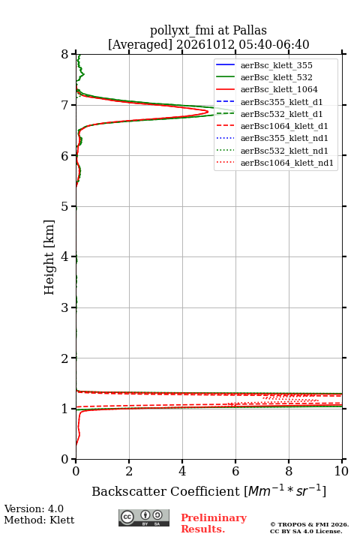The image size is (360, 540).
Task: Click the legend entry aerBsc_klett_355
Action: pos(276,65)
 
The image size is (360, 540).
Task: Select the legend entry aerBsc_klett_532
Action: pos(276,77)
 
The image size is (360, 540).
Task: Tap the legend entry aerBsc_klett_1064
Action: pos(279,89)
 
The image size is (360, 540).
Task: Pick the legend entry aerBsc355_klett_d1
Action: pos(281,102)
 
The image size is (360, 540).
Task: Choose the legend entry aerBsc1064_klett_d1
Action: pos(284,126)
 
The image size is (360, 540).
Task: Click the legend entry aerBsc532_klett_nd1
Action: pos(284,151)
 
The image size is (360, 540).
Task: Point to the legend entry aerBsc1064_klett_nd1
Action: pos(287,163)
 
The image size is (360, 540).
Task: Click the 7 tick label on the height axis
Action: pos(65,105)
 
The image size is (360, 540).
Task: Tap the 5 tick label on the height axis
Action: pos(65,206)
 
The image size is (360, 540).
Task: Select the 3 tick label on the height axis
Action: pos(65,307)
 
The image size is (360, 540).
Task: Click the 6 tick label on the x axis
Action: pos(235,471)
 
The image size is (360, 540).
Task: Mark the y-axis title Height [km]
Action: pos(49,257)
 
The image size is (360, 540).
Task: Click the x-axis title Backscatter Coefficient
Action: pos(166,491)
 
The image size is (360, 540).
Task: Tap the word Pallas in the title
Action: pos(250,30)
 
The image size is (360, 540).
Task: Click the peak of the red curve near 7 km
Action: pos(208,112)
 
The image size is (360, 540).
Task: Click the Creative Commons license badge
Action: pos(144,517)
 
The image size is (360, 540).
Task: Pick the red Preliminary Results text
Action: pos(214,523)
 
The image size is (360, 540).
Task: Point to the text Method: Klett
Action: pos(39,520)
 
